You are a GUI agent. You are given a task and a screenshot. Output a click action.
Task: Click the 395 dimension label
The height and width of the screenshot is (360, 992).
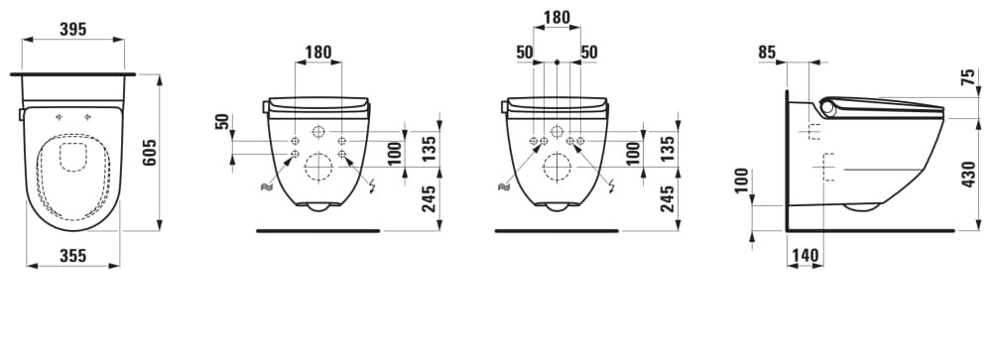(72, 29)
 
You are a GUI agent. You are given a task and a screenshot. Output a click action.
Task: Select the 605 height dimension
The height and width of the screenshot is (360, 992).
(150, 153)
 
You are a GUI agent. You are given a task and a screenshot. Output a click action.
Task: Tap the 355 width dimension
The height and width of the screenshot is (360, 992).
(72, 256)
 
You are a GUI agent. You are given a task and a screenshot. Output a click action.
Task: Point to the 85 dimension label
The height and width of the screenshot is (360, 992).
(767, 53)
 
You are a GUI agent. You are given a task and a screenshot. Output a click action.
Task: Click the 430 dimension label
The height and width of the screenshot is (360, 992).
(968, 174)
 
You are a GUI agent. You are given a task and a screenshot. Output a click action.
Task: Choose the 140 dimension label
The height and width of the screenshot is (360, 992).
(805, 256)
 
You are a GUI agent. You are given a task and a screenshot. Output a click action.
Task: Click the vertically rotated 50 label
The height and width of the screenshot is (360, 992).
(222, 122)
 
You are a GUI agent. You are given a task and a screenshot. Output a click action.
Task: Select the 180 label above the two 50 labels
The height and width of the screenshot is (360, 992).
(557, 17)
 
